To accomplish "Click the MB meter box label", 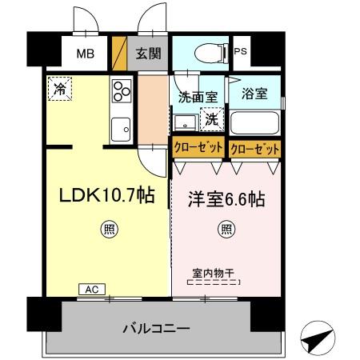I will pos(85,55).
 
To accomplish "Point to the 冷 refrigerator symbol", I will pos(60,89).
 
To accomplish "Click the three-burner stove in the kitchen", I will pos(121,93).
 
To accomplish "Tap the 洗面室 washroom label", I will pos(198,98).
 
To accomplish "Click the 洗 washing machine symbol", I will pos(211,119).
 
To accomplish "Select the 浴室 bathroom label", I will pos(254,93).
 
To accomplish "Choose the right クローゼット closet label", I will pos(254,149).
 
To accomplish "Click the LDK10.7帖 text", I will pos(103,195).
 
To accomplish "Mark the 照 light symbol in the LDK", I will pos(107,231).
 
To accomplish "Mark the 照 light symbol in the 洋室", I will pos(227,231).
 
